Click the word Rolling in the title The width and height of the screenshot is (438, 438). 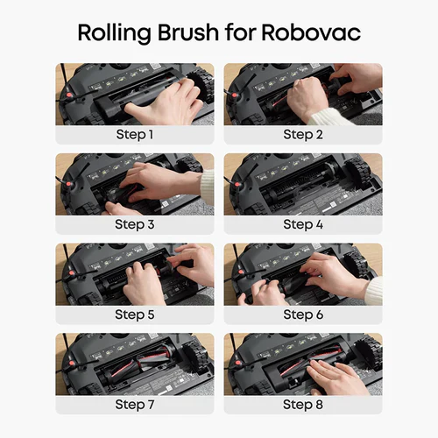[x=114, y=33]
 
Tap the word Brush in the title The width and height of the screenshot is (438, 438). [x=188, y=32]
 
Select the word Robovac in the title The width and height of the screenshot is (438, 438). [x=311, y=32]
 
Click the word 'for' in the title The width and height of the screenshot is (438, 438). [x=240, y=32]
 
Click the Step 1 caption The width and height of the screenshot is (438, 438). [x=135, y=135]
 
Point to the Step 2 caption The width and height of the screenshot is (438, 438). [x=303, y=135]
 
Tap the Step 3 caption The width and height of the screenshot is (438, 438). [x=135, y=224]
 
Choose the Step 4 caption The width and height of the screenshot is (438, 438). [x=303, y=224]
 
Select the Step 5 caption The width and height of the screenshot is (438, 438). [x=135, y=314]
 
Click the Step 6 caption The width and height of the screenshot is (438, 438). [x=303, y=314]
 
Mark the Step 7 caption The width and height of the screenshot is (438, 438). [x=135, y=405]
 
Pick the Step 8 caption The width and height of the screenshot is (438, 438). [x=303, y=405]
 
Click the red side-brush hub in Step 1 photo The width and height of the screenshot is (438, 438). [x=68, y=95]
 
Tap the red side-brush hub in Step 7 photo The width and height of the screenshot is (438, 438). [x=71, y=364]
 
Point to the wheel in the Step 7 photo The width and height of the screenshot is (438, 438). [x=196, y=354]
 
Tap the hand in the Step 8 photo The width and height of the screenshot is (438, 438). [x=336, y=376]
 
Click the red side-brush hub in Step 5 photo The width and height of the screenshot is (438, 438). [x=71, y=273]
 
